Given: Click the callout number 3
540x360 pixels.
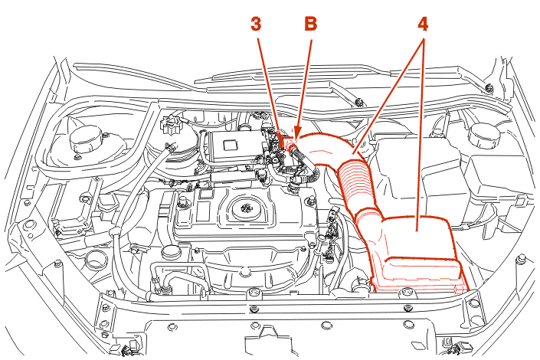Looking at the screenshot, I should coord(256,24).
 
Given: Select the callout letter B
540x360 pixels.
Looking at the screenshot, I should coord(310,24).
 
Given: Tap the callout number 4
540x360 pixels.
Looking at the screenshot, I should coord(422,24).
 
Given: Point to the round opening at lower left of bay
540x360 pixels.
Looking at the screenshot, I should coord(95,260).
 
